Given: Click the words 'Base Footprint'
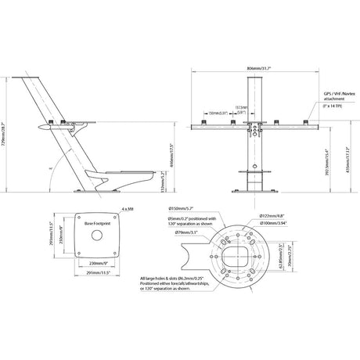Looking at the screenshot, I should pos(99,224).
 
